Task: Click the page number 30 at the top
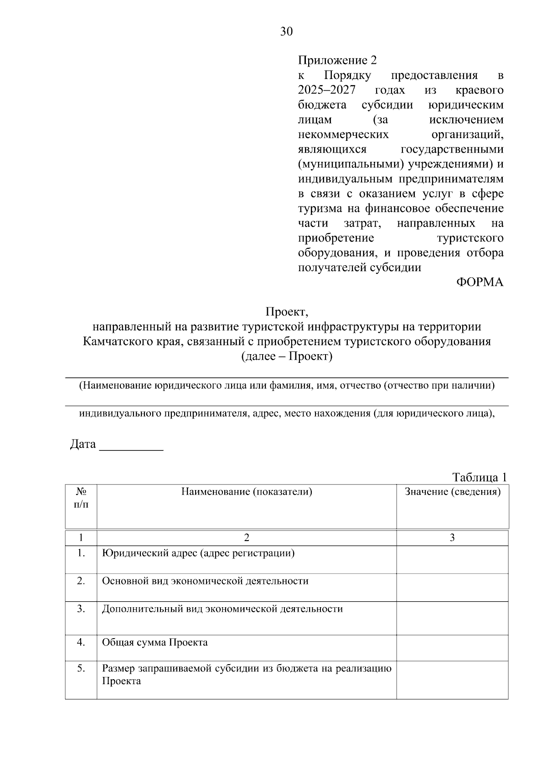[286, 31]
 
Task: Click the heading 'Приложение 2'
[337, 61]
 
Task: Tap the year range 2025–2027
[326, 90]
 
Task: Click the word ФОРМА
[480, 282]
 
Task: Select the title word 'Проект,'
[287, 312]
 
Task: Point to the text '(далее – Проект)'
[287, 356]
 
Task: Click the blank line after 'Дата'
[131, 445]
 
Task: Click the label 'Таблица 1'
[479, 477]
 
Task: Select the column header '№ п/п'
[81, 498]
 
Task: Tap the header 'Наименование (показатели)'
[247, 491]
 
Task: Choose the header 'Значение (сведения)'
[452, 491]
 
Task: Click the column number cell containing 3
[452, 538]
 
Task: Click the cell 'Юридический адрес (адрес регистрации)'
[198, 553]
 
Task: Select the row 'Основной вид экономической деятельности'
[205, 581]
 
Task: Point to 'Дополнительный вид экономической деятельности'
[222, 609]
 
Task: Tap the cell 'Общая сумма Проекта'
[155, 643]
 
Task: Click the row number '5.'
[81, 669]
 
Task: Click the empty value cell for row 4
[452, 648]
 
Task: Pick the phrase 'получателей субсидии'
[359, 268]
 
